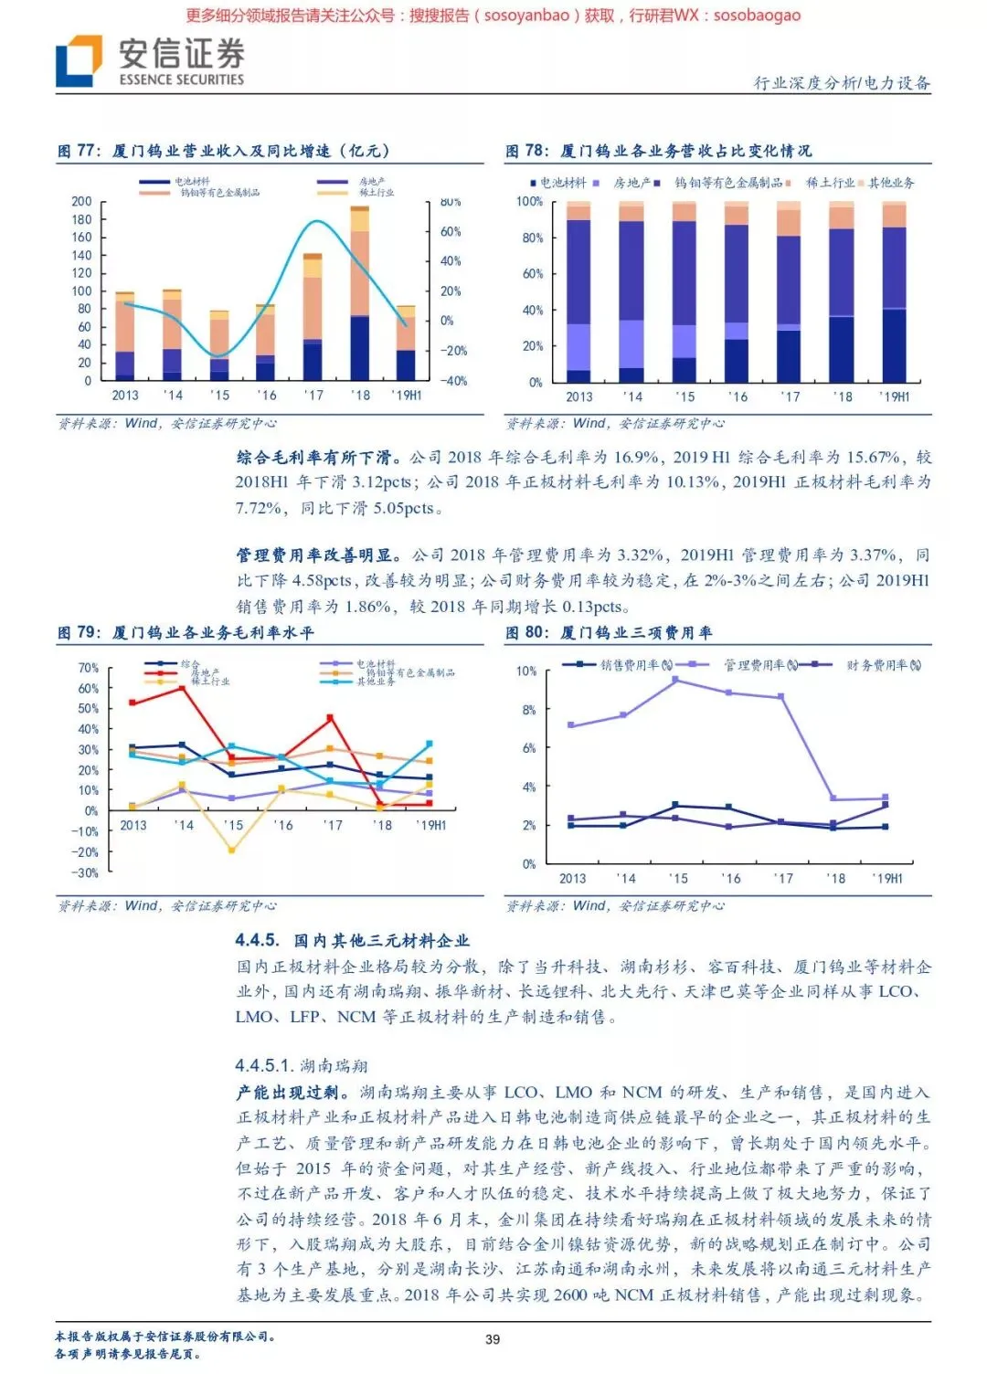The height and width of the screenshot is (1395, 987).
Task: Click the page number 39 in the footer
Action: click(493, 1338)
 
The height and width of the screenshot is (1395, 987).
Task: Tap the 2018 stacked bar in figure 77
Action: click(360, 292)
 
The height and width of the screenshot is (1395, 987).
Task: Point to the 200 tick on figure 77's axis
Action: click(82, 201)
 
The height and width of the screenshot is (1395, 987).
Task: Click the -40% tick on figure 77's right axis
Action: click(453, 381)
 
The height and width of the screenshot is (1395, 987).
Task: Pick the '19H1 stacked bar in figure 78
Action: click(894, 292)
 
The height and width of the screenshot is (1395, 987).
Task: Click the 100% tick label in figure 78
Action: click(529, 201)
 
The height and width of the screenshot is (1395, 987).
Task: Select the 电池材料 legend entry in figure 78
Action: click(558, 183)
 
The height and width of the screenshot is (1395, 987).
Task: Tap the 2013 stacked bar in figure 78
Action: click(578, 292)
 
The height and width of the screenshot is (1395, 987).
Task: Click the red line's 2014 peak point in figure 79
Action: click(183, 687)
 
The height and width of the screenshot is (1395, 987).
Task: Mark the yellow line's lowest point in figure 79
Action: click(232, 851)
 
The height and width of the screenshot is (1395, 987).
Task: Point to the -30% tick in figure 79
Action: click(86, 872)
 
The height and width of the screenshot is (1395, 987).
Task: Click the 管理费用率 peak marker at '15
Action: click(675, 680)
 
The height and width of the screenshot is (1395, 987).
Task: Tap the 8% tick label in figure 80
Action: click(529, 709)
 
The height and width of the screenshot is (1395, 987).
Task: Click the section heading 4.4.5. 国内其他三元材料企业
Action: click(352, 940)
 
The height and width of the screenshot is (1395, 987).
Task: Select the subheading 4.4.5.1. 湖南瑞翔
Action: click(302, 1065)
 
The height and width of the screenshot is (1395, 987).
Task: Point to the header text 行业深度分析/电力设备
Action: click(842, 83)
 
